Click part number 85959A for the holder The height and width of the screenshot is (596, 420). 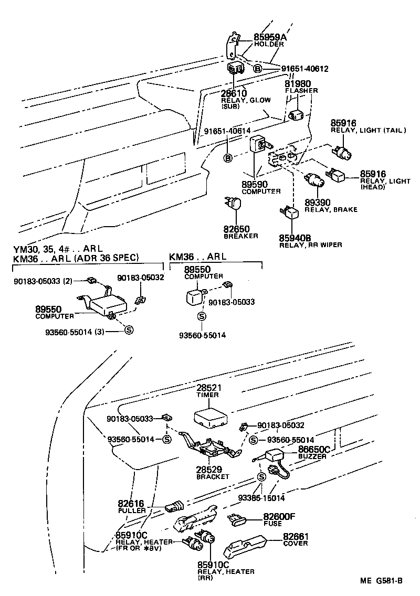coord(270,37)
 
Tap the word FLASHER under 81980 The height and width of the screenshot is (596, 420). coord(301,91)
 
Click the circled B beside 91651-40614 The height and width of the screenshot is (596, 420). coord(228,158)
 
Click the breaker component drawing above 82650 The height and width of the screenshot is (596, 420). coord(235,205)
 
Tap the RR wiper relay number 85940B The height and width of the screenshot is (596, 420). coord(297,238)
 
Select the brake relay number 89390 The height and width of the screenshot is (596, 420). coord(318,203)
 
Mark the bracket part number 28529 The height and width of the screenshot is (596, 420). coord(209,470)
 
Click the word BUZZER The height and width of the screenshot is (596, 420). coord(313,456)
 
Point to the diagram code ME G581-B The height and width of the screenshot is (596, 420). coord(381,580)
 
